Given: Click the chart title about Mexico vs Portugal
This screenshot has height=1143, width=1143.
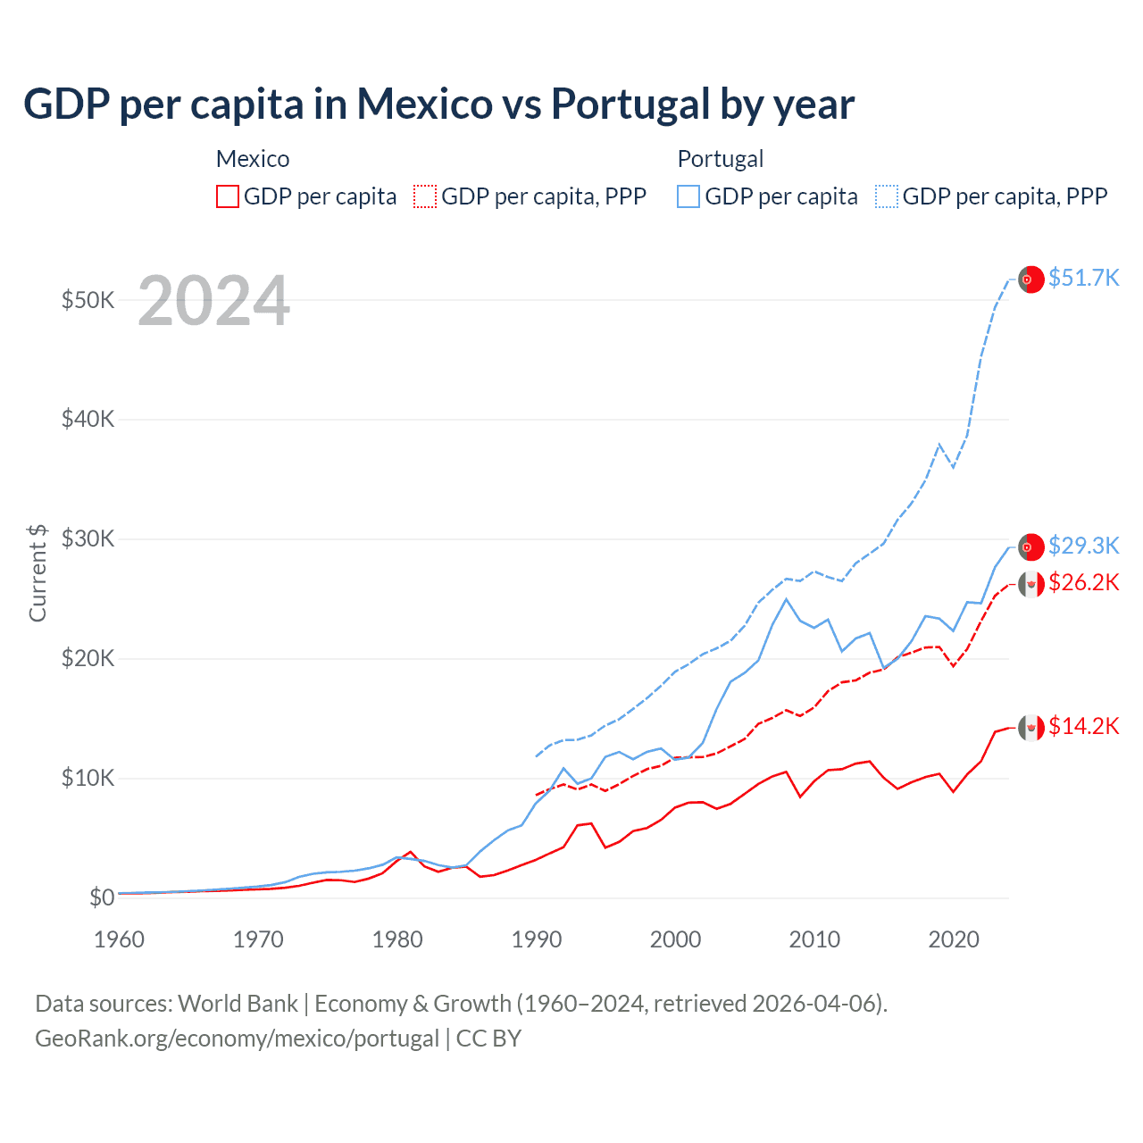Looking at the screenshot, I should pos(438,104).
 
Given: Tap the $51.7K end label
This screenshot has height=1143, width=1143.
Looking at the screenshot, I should pos(1083,278).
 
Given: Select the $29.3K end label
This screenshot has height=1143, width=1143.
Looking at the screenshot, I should pos(1083,545).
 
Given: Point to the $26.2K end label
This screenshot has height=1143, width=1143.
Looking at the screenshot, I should pos(1083,582).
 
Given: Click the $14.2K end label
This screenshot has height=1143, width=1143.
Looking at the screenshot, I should pos(1083,726).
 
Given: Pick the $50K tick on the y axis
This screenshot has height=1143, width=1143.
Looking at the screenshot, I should pos(88,300).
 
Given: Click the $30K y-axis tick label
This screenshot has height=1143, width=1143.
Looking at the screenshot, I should pos(88,538).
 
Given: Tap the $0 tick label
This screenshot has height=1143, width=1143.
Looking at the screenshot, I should pos(102,897).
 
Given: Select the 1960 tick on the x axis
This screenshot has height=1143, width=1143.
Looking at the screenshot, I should pos(119,939).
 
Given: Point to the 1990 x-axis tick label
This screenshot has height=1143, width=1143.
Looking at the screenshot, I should pos(537,939).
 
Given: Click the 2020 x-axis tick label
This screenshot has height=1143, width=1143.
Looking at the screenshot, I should pos(954,939).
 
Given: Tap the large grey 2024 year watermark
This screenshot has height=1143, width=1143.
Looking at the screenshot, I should pos(213,301).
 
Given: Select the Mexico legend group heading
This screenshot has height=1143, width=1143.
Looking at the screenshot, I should pos(253,159).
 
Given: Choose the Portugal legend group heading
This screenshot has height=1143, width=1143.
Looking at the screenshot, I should pos(720,159).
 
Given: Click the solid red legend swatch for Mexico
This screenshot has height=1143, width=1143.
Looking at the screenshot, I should pos(228,196).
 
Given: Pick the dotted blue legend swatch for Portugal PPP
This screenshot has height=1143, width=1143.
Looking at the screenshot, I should pos(887,196).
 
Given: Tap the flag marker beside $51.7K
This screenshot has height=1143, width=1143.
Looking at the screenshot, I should pos(1031,279).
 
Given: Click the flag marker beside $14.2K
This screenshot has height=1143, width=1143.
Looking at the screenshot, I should pos(1031,728).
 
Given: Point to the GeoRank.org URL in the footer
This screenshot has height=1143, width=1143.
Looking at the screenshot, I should pos(237,1039).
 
